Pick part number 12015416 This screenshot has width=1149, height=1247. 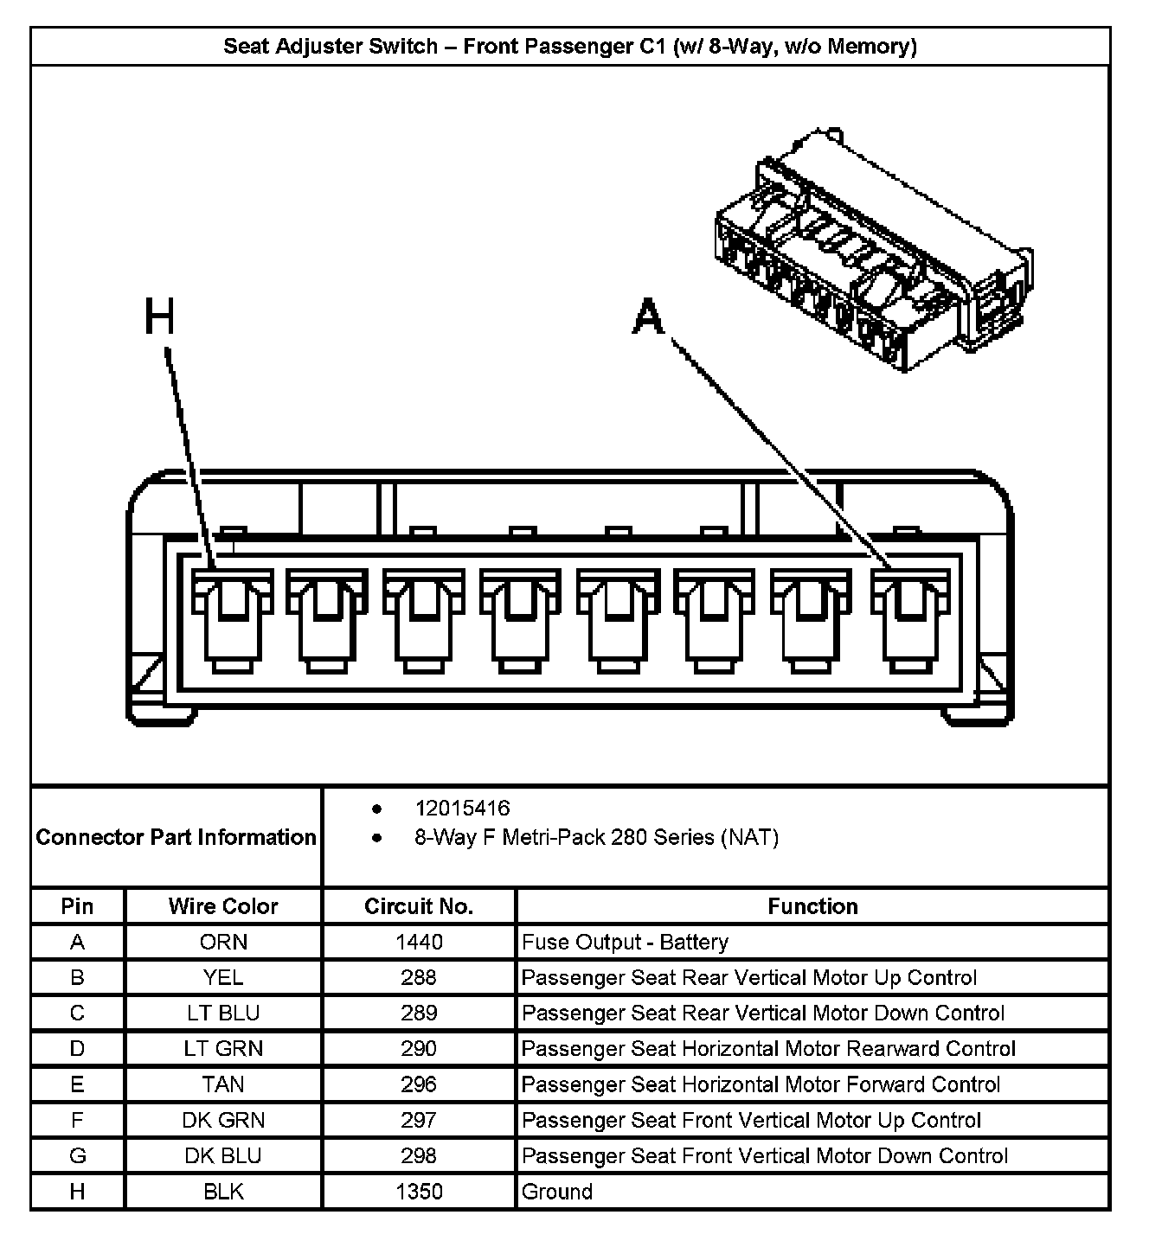coord(462,809)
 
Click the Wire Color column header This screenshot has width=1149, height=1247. coord(223,906)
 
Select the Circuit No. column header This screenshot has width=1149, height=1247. coord(419,906)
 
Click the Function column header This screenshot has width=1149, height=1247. coord(812,906)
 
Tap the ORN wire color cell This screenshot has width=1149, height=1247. coord(223,942)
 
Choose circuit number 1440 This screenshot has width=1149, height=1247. coord(419,942)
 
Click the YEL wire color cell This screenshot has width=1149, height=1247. coord(223,977)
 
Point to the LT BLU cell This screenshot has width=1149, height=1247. coord(223,1013)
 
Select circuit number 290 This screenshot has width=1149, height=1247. coord(419,1049)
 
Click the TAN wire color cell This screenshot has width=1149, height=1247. coord(223,1084)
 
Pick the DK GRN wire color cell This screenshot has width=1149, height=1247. coord(223,1120)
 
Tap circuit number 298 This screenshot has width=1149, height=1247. coord(419,1155)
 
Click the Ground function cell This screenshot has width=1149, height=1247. coord(557,1192)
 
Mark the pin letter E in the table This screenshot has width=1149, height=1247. coord(77,1084)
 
